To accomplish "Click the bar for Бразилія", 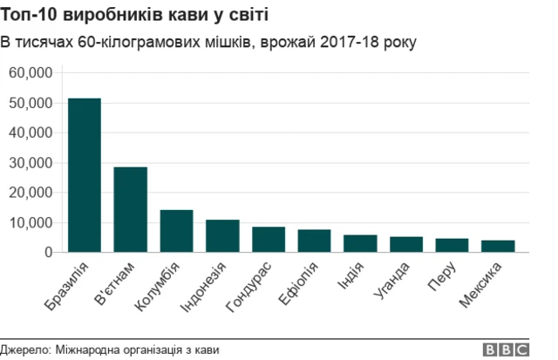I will point(85,175).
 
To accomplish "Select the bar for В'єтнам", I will point(131,209).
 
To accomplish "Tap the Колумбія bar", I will point(176,231).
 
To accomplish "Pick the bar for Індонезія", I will point(222,236).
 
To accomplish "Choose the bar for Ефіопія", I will point(314,241).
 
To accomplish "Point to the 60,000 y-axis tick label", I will point(31,73).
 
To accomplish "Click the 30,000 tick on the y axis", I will point(31,163).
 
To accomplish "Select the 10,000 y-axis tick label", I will point(31,222).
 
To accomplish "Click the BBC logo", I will point(507,350).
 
